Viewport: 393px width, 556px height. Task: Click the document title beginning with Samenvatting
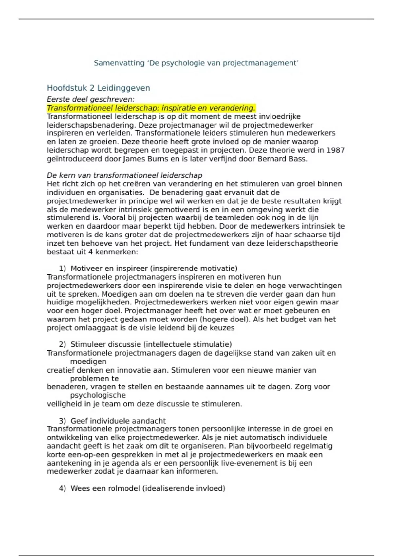click(x=196, y=63)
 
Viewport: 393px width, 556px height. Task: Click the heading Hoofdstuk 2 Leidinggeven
click(x=98, y=88)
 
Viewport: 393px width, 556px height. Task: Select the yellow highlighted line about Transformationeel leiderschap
click(x=151, y=108)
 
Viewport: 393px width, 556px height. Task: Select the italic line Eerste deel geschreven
click(x=91, y=99)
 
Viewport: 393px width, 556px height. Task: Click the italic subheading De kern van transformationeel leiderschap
click(x=124, y=175)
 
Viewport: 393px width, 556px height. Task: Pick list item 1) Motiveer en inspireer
click(x=148, y=269)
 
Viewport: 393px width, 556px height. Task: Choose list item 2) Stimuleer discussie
click(x=145, y=344)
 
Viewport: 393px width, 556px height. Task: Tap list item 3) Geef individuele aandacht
click(x=112, y=421)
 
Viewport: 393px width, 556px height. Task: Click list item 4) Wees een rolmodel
click(x=142, y=488)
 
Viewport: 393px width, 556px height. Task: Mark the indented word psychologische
click(x=98, y=395)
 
